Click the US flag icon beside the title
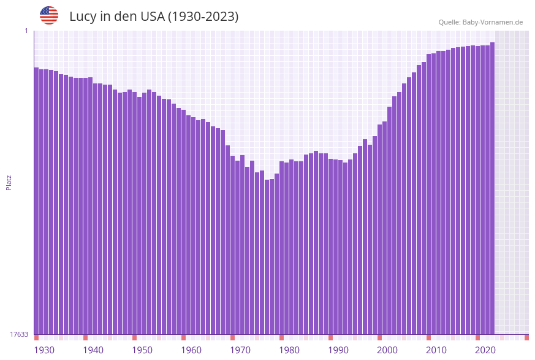[x=49, y=15]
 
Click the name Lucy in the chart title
[x=82, y=17]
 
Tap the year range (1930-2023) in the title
[x=203, y=17]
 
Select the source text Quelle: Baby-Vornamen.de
[x=480, y=22]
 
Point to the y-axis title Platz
[x=9, y=183]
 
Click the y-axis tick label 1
[x=26, y=31]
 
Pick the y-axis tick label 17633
[x=19, y=334]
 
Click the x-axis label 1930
[x=44, y=350]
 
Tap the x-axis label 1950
[x=142, y=350]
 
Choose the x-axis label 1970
[x=240, y=350]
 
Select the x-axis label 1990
[x=338, y=350]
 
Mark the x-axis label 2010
[x=436, y=350]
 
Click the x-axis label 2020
[x=485, y=350]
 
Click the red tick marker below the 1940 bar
[x=85, y=337]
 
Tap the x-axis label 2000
[x=387, y=350]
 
